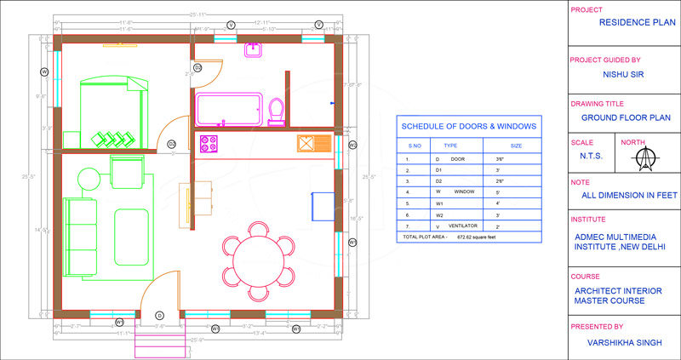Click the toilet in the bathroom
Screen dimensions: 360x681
(x=276, y=111)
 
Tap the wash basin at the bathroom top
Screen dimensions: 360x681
(x=253, y=51)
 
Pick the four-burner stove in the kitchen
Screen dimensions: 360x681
(x=208, y=142)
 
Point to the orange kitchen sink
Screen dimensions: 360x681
(x=308, y=143)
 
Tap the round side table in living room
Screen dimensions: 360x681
(x=89, y=180)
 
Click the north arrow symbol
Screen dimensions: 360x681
(x=650, y=158)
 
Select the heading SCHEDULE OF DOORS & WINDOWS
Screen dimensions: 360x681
(x=468, y=127)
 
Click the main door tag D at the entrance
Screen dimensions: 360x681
(x=159, y=316)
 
